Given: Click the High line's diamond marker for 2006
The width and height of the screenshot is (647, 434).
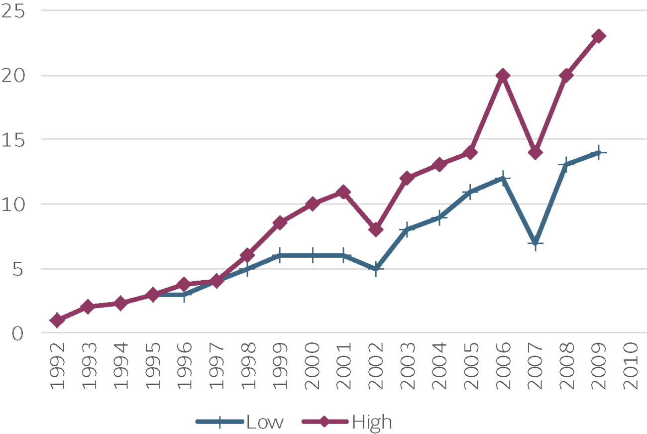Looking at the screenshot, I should point(503,76).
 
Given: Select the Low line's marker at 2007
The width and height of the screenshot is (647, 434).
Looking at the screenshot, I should point(535,243).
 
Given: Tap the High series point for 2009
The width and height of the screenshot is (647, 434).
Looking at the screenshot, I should point(599,36).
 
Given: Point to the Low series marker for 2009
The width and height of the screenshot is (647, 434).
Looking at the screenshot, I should point(599,153).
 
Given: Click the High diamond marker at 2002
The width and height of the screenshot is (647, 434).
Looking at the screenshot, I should point(376,230).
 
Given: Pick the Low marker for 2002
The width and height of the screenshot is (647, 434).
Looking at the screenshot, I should point(376,269).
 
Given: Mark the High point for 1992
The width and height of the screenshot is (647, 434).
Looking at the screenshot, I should point(57,320).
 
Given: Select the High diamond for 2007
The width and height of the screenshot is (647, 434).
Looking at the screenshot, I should point(535,153).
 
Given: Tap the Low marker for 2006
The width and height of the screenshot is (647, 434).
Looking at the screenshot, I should point(503,178).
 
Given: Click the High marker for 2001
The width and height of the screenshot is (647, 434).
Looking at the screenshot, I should point(344,192).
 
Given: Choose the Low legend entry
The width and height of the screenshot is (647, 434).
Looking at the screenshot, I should point(240,423).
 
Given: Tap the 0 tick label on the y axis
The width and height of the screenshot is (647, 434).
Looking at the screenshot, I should point(18,333).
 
